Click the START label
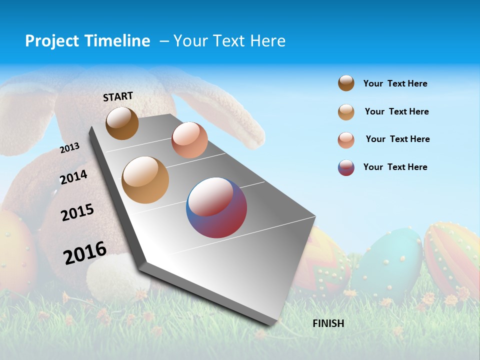click(x=118, y=96)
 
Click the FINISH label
click(x=328, y=323)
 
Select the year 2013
click(x=69, y=148)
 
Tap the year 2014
click(x=73, y=177)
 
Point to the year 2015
click(x=77, y=212)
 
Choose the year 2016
click(x=85, y=253)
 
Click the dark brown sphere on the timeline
click(x=122, y=123)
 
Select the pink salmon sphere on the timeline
click(x=189, y=140)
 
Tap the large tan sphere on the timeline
click(x=145, y=180)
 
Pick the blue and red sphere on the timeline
click(x=216, y=207)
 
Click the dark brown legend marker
click(x=346, y=83)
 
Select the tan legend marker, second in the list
click(x=346, y=111)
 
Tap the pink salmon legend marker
click(x=346, y=139)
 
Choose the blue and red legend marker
click(x=346, y=167)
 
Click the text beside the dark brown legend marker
click(x=395, y=83)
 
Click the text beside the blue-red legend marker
click(x=395, y=167)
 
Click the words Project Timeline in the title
click(x=87, y=41)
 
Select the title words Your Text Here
click(x=229, y=41)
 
